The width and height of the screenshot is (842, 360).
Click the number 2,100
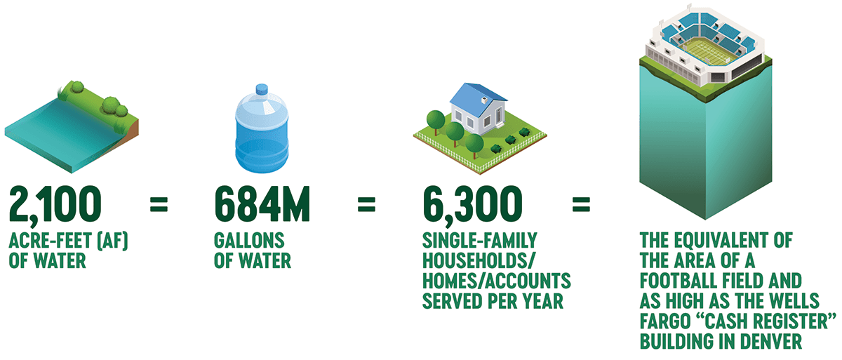pos(55,206)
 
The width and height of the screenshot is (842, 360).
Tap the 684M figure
pos(262,204)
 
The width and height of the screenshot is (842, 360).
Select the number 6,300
pos(472,206)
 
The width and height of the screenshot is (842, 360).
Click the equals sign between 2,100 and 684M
pos(159,205)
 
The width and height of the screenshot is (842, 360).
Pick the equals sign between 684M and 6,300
pos(366,205)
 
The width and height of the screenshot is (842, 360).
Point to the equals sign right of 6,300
pos(581,205)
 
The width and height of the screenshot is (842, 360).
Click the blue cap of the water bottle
pos(262,89)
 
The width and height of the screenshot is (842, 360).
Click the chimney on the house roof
pos(485,100)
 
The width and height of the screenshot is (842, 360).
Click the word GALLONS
pos(249,241)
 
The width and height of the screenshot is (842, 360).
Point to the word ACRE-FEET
pos(51,241)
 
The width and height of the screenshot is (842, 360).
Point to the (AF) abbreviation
pos(113,241)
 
